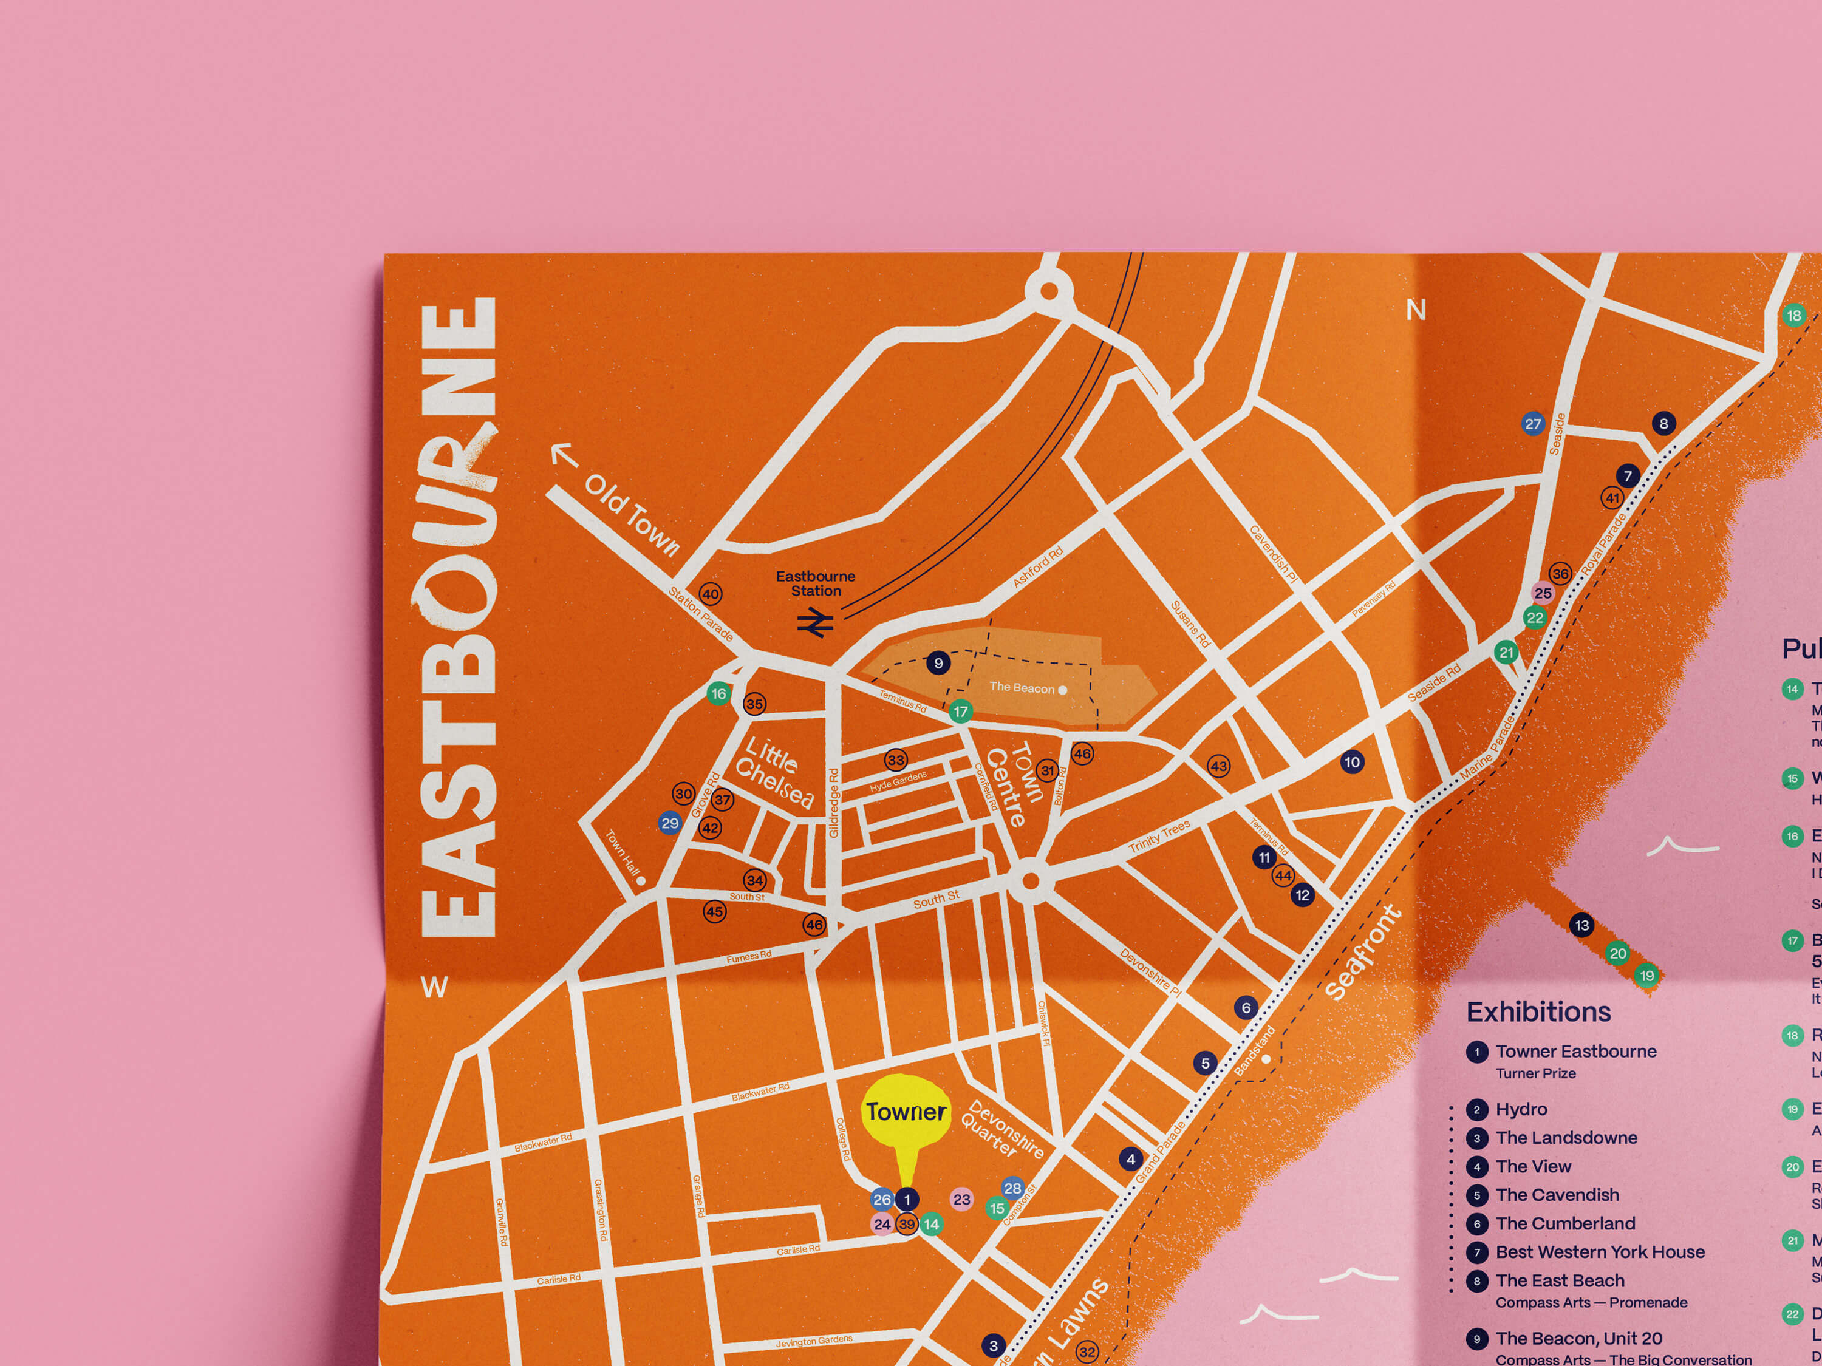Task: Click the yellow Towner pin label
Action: point(906,1112)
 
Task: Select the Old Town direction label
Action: point(631,515)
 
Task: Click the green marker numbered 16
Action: point(718,693)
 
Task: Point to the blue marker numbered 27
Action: point(1532,424)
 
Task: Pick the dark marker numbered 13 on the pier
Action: point(1581,925)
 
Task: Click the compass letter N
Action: point(1415,310)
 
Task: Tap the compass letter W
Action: point(434,987)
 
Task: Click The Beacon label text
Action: point(1022,687)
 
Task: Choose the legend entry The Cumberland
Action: point(1565,1223)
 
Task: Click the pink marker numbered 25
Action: point(1542,593)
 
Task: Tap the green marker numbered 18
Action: point(1793,315)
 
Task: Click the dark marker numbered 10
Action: point(1352,762)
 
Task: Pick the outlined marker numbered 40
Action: point(710,594)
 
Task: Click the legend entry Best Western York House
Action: point(1600,1251)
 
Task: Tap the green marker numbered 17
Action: point(960,712)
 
